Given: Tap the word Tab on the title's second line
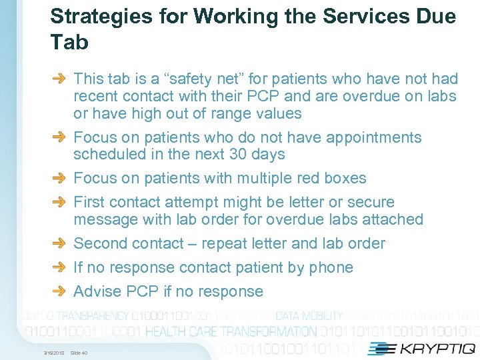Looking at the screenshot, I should click(69, 43).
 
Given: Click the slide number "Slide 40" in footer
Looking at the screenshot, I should click(79, 353).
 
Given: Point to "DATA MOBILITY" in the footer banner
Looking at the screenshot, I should click(309, 316).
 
